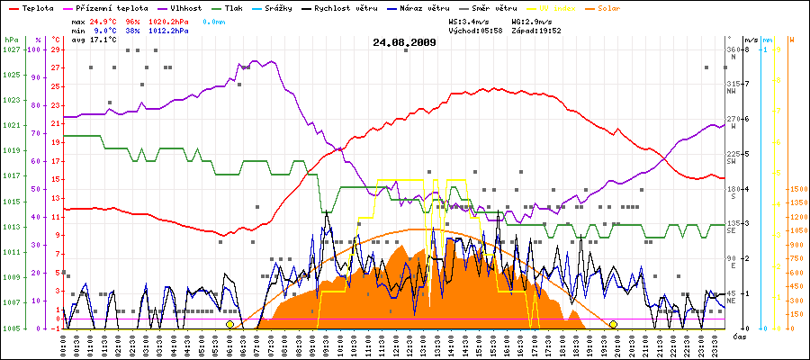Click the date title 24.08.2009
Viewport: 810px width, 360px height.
coord(405,42)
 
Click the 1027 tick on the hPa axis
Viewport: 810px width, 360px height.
coord(11,49)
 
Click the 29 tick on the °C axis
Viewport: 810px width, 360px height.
coord(56,49)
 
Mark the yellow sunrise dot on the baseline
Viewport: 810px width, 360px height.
coord(230,324)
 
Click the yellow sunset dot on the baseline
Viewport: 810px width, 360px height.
coord(614,324)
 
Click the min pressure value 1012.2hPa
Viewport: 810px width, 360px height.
coord(168,30)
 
